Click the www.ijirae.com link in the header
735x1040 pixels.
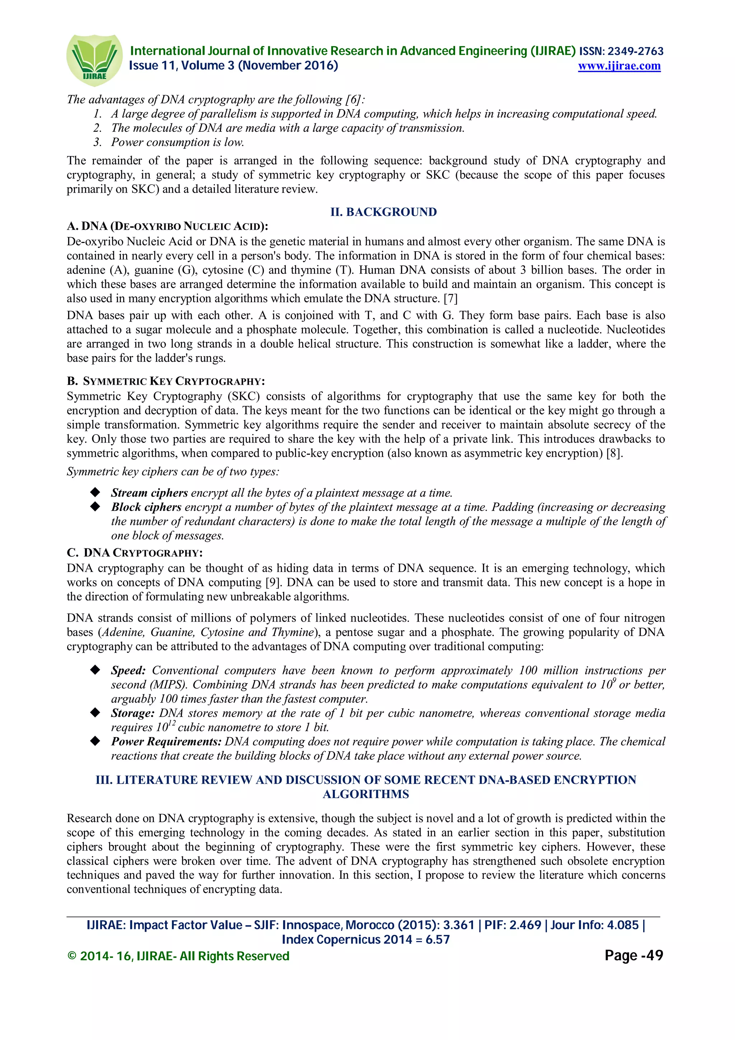click(x=619, y=66)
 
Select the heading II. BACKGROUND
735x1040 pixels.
click(x=383, y=212)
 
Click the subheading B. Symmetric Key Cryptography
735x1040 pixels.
click(x=166, y=381)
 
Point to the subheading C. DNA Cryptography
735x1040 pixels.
click(x=135, y=553)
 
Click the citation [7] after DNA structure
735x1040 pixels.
click(x=451, y=299)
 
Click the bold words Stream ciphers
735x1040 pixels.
click(x=149, y=493)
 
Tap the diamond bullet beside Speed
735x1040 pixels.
click(x=95, y=670)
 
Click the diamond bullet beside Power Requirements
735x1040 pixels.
click(x=95, y=741)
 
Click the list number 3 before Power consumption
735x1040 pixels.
click(x=97, y=142)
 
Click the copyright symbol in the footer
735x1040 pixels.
click(x=71, y=956)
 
